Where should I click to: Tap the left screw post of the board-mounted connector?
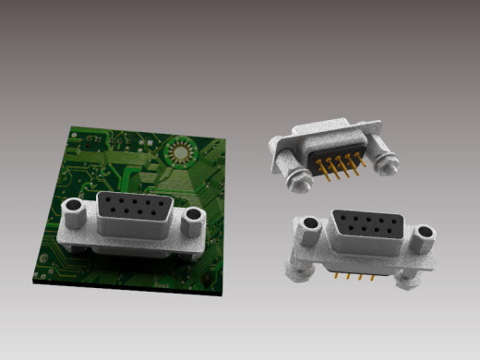pyautogui.click(x=75, y=214)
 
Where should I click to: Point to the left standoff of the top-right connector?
pyautogui.click(x=296, y=178)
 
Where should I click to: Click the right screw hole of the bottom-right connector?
pyautogui.click(x=424, y=232)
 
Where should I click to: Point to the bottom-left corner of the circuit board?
pyautogui.click(x=33, y=281)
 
